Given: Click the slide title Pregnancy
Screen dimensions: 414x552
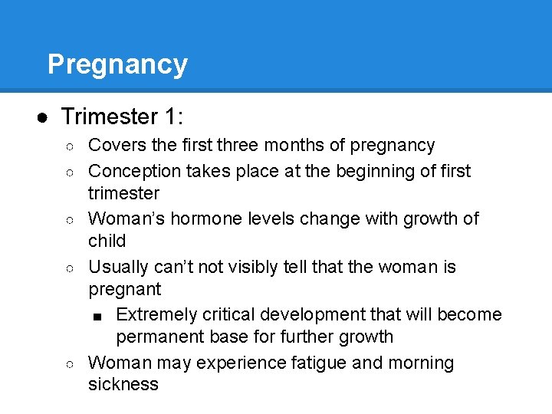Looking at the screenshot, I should pyautogui.click(x=117, y=64).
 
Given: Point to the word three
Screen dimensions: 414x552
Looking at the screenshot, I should pyautogui.click(x=240, y=145).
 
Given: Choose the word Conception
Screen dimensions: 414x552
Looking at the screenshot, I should pyautogui.click(x=133, y=171).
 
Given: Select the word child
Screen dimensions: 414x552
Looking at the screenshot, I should pyautogui.click(x=107, y=241).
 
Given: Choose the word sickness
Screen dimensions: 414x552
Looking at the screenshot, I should pyautogui.click(x=123, y=384).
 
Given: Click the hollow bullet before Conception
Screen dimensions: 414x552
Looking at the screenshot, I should pyautogui.click(x=71, y=172).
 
